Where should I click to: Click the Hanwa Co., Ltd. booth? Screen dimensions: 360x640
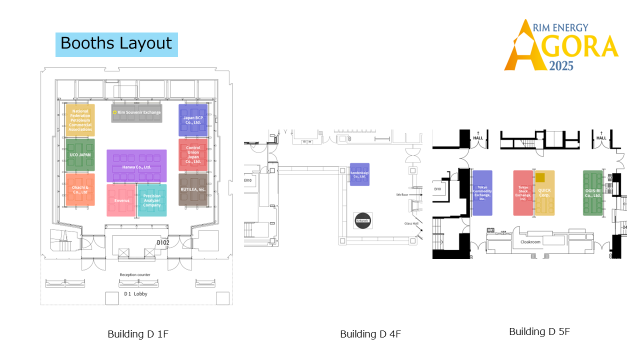click(x=136, y=166)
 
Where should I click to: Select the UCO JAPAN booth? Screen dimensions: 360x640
click(x=80, y=155)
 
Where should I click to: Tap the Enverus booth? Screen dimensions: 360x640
click(x=121, y=200)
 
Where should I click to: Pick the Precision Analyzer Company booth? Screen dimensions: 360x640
click(x=152, y=200)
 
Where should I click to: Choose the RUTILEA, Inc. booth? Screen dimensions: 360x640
click(x=193, y=189)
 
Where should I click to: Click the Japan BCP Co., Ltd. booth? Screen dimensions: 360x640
click(x=193, y=120)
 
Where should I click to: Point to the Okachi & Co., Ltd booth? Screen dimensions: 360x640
click(x=80, y=189)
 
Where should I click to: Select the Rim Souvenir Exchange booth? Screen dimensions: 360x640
click(x=136, y=113)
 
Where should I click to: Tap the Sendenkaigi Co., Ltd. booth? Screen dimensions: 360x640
click(x=359, y=174)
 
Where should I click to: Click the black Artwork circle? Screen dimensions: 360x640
click(x=362, y=220)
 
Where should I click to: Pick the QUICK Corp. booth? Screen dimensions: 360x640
click(x=544, y=193)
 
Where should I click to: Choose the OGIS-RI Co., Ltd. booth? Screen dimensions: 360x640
click(x=593, y=193)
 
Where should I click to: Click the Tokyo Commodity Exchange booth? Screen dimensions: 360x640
click(x=482, y=193)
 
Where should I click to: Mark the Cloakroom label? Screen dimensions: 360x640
click(x=530, y=242)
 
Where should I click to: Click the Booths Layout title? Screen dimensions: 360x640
click(x=116, y=43)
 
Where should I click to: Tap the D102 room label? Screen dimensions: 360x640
click(x=163, y=243)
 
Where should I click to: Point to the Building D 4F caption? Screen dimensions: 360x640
click(x=370, y=334)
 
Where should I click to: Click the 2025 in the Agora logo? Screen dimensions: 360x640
click(x=561, y=65)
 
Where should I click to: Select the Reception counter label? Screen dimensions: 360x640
click(x=135, y=274)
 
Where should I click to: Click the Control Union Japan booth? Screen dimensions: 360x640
click(x=193, y=155)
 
